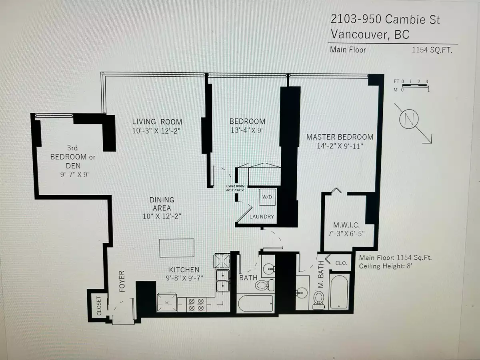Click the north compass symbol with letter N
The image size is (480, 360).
[x=408, y=120]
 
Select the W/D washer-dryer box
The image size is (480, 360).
[x=267, y=197]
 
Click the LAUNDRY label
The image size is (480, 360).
[x=262, y=217]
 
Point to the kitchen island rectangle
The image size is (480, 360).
[x=177, y=248]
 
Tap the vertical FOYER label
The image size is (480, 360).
[x=122, y=281]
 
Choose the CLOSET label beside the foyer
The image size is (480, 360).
[x=99, y=306]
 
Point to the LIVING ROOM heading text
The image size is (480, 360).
[x=157, y=122]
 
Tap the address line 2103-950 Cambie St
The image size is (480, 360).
[x=385, y=19]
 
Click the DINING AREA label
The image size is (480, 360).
[x=162, y=204]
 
